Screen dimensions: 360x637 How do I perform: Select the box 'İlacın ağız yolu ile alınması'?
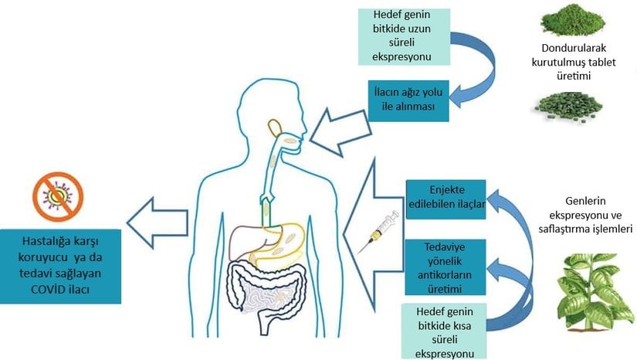(408, 99)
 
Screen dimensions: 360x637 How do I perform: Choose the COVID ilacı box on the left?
(61, 264)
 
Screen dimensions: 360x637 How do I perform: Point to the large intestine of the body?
(262, 285)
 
